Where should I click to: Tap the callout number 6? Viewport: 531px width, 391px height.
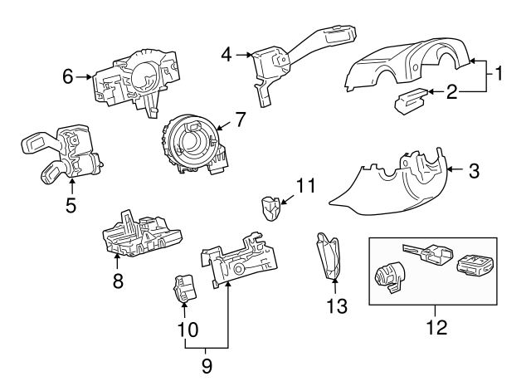(68, 76)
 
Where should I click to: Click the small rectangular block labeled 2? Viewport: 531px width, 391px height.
(410, 104)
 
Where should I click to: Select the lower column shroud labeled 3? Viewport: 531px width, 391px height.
(390, 183)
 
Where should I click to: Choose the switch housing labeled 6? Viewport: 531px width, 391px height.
(137, 79)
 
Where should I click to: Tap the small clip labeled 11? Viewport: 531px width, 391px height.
(269, 208)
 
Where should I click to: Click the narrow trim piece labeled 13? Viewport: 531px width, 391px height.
(329, 257)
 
